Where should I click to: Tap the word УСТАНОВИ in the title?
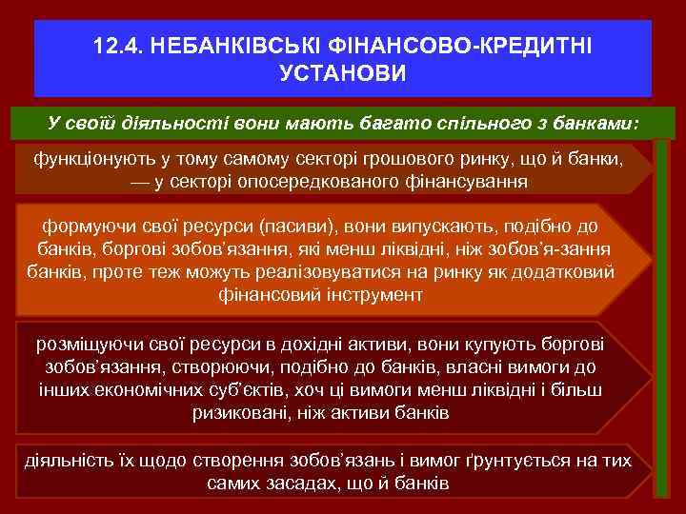343,72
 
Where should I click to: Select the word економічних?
146,390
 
